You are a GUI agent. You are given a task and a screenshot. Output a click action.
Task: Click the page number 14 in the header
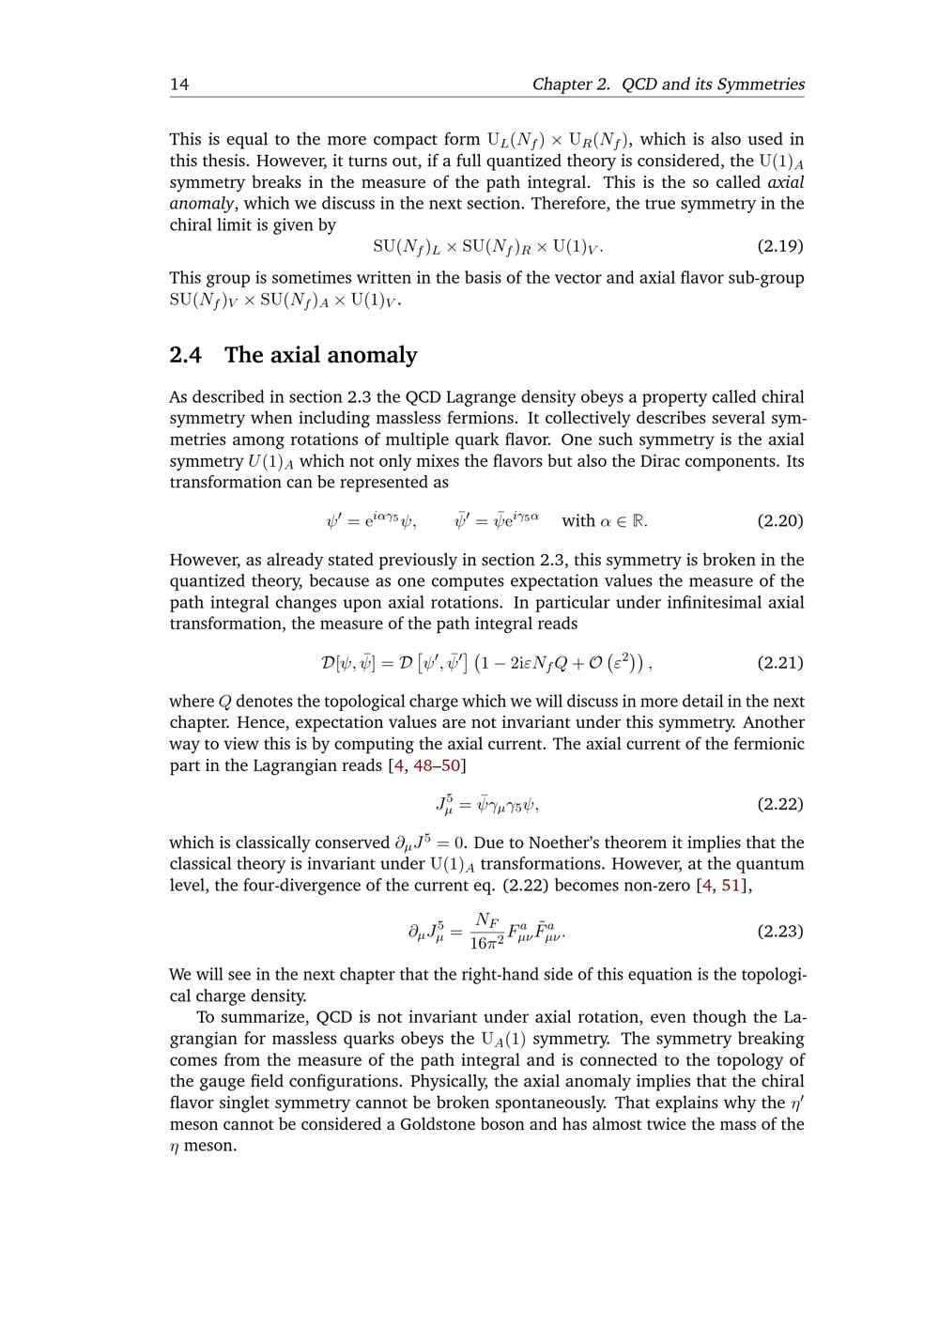click(x=179, y=85)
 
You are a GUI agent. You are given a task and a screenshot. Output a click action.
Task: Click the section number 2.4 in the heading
click(x=188, y=355)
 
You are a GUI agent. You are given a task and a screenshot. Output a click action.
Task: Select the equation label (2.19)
click(x=780, y=246)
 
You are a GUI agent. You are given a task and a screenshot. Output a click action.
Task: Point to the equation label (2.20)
click(x=780, y=520)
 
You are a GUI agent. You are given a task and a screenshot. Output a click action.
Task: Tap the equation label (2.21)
click(x=780, y=662)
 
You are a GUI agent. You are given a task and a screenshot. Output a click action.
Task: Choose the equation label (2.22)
click(x=780, y=804)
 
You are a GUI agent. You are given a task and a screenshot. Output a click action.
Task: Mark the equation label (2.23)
click(x=780, y=931)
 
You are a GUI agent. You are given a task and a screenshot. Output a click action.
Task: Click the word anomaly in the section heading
click(x=372, y=355)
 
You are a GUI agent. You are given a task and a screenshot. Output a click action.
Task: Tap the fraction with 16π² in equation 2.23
click(x=487, y=932)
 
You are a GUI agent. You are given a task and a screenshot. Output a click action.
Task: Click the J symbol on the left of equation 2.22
click(x=442, y=805)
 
